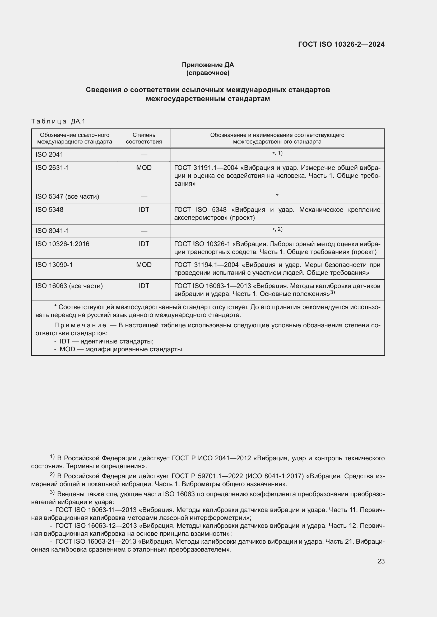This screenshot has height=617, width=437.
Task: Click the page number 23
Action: (x=381, y=561)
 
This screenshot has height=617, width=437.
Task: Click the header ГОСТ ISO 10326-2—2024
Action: (x=341, y=44)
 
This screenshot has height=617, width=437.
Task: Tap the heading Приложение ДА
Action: (x=208, y=65)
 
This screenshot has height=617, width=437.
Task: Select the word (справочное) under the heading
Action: (x=208, y=73)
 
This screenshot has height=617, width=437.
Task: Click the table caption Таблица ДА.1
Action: (x=58, y=121)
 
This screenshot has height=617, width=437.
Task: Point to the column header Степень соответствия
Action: (x=144, y=138)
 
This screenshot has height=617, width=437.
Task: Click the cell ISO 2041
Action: (x=49, y=155)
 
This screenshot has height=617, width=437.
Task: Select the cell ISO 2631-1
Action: (x=52, y=168)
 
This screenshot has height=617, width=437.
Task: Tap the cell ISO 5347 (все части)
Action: (x=67, y=197)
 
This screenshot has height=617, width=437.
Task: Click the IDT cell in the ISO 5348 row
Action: (x=144, y=210)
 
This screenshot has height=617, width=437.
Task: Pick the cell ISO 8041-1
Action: (x=52, y=231)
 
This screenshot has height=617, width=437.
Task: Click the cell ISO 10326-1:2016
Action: (x=62, y=244)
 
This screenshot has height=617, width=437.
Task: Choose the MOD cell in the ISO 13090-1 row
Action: (x=144, y=265)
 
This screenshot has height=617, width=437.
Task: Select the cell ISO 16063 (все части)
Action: (x=69, y=286)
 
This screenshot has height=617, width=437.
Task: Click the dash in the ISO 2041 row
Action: (x=144, y=155)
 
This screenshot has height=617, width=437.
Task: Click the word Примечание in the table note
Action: (x=80, y=326)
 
